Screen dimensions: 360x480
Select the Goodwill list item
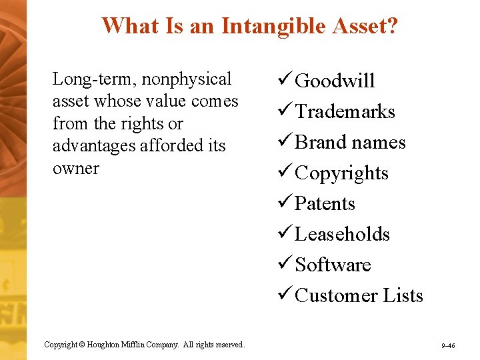click(x=335, y=81)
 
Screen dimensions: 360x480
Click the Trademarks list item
click(x=345, y=112)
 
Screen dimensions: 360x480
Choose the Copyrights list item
click(x=341, y=173)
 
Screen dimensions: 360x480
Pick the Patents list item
click(x=325, y=204)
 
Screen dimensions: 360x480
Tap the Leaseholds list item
click(x=342, y=235)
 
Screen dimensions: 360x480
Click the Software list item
click(x=333, y=265)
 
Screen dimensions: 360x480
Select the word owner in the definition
click(x=75, y=168)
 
